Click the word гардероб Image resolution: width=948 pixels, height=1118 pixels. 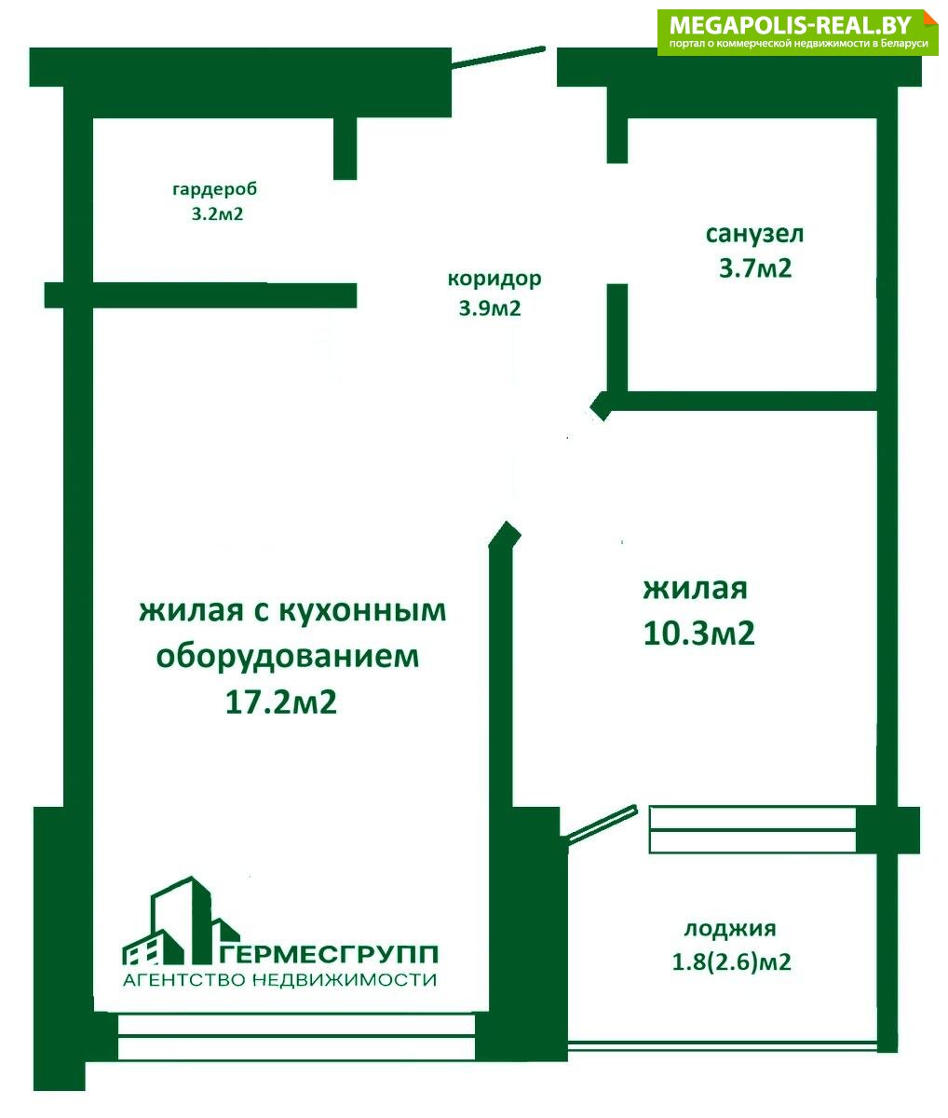[x=215, y=190]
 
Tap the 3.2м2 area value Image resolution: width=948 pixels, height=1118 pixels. [x=217, y=214]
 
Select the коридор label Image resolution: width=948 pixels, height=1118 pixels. [x=494, y=279]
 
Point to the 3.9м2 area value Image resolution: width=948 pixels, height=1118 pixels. [x=490, y=308]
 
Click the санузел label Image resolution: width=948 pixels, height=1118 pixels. [x=754, y=235]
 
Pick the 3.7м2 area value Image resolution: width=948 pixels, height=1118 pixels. [x=755, y=267]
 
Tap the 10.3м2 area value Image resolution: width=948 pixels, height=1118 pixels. [x=698, y=633]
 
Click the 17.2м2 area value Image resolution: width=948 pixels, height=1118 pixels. [x=280, y=702]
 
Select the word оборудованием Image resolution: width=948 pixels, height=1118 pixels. [x=287, y=657]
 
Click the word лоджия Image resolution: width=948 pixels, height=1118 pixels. [x=730, y=929]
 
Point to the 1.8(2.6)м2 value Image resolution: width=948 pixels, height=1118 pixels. [x=731, y=962]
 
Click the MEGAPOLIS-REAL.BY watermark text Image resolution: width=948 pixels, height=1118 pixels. [x=790, y=25]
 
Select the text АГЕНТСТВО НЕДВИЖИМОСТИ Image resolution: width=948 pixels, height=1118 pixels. [x=279, y=979]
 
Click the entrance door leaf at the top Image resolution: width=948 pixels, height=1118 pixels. [x=498, y=58]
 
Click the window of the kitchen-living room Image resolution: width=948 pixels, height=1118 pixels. [x=296, y=1036]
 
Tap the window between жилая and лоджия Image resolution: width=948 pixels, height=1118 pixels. [x=752, y=830]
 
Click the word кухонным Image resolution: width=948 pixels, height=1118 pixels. [x=362, y=612]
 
